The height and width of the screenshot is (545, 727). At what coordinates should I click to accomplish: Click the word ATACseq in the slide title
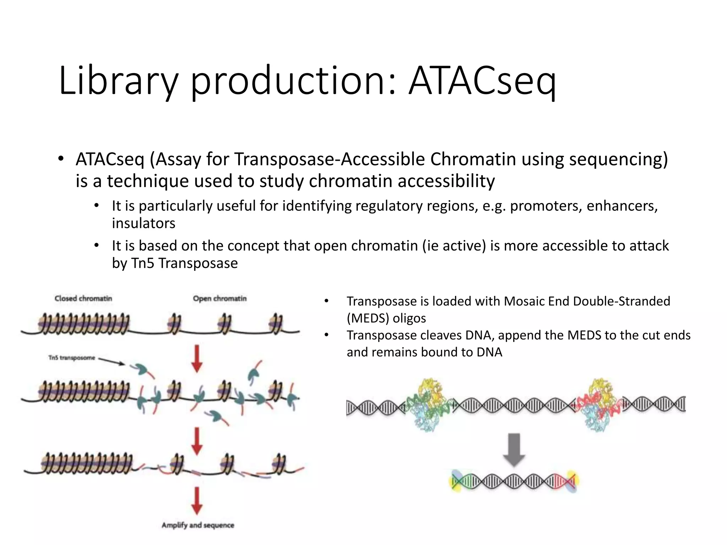(482, 81)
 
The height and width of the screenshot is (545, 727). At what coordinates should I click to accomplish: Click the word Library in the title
(118, 81)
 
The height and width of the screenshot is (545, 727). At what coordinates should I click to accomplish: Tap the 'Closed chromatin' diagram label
(83, 298)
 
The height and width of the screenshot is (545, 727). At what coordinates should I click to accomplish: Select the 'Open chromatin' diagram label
(219, 298)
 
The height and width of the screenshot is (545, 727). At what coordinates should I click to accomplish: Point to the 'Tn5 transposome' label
(72, 358)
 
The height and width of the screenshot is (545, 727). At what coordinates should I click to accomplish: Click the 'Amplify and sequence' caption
(198, 525)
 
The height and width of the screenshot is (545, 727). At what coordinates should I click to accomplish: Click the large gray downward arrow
(514, 449)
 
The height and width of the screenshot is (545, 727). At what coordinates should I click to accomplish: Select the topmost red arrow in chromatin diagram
(197, 358)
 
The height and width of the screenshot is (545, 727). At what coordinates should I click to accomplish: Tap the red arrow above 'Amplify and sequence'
(197, 501)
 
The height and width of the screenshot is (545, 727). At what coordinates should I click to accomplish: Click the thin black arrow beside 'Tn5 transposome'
(111, 361)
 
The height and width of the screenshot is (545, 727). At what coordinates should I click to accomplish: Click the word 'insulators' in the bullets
(143, 224)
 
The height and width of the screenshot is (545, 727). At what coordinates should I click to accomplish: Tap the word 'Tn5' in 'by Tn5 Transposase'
(143, 263)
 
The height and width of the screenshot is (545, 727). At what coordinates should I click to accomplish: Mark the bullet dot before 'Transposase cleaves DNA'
(327, 335)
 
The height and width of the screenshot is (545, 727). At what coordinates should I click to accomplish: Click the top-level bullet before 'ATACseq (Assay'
(61, 159)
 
